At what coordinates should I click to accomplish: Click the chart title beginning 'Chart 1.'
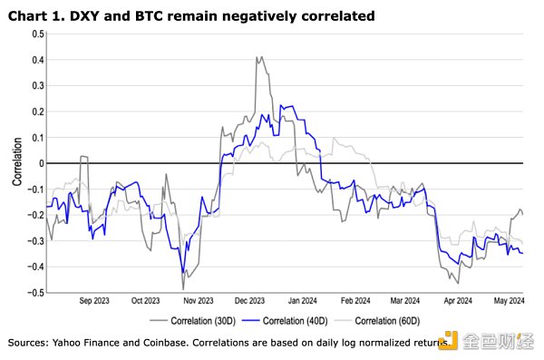pos(172,16)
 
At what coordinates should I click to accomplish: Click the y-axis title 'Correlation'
pos(17,163)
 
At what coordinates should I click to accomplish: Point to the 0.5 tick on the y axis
pos(37,34)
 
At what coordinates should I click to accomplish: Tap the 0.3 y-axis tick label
pos(37,86)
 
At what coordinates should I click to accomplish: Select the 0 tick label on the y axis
pos(40,163)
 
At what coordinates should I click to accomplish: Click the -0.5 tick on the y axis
pos(35,293)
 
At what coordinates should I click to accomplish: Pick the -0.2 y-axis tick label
pos(35,216)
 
